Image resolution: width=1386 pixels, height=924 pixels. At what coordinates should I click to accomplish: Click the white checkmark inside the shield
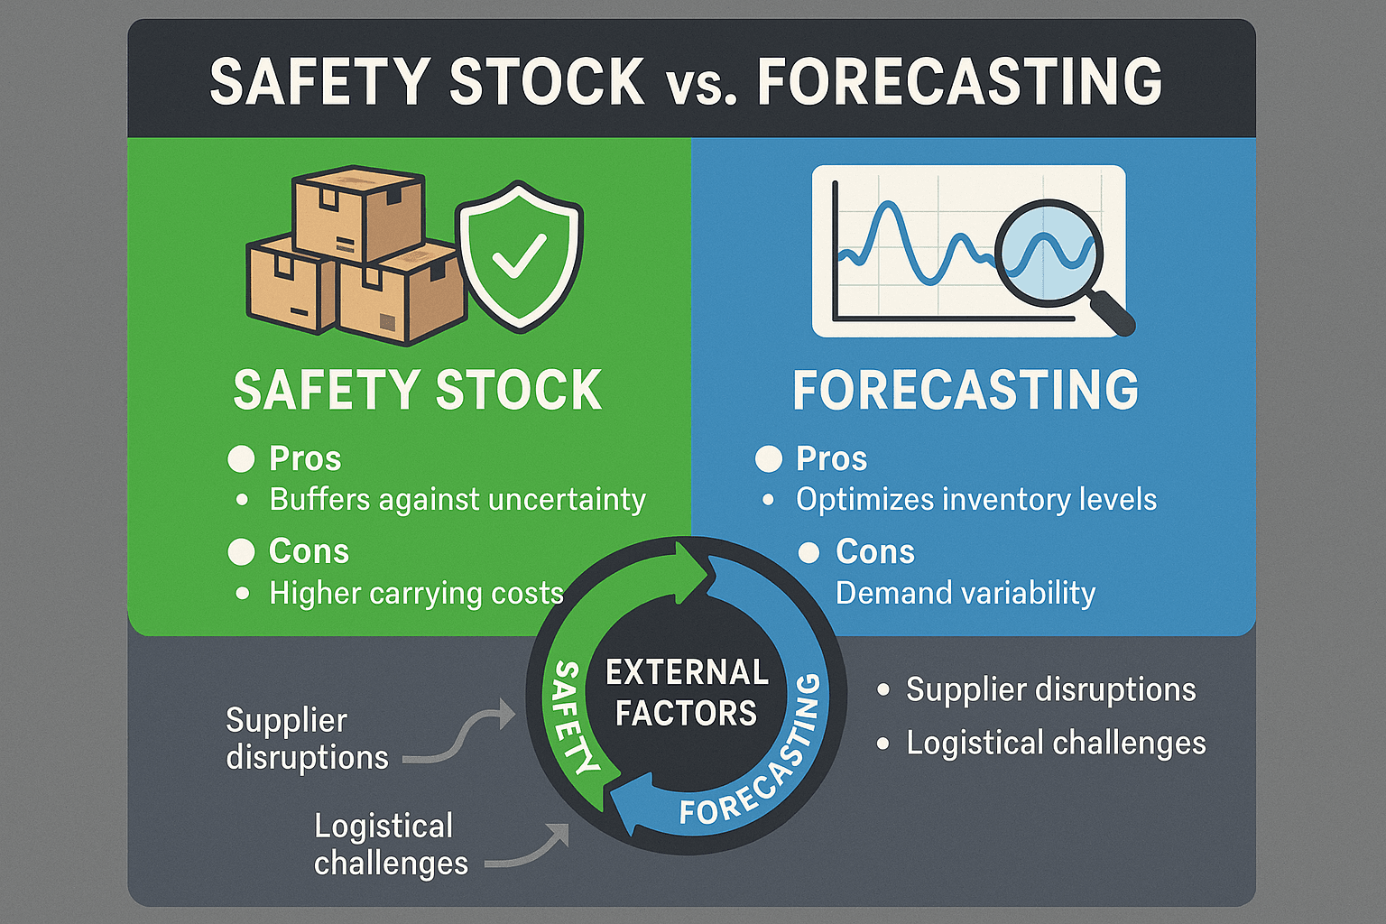point(519,255)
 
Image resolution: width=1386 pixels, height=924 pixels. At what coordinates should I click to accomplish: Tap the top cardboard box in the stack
point(358,214)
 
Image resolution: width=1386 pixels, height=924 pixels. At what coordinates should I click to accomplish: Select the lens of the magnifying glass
point(1049,253)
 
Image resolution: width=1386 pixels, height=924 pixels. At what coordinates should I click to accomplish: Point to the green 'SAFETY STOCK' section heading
point(417,389)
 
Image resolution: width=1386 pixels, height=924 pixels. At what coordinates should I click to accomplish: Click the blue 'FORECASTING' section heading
point(966,389)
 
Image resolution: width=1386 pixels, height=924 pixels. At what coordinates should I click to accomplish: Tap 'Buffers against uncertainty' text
point(457,499)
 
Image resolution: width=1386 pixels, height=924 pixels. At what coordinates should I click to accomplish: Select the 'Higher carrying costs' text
point(416,593)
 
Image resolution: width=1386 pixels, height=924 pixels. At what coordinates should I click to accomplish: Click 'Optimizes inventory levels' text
point(975,499)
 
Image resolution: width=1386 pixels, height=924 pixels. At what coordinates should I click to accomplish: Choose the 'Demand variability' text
point(966,593)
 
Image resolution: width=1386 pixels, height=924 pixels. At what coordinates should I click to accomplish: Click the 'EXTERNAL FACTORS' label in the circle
point(687,692)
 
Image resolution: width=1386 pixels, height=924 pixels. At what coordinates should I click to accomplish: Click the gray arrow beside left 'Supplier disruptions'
point(461,734)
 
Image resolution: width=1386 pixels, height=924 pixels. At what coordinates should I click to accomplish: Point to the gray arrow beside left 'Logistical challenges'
point(529,849)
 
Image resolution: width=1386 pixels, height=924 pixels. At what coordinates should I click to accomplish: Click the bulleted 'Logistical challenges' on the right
point(1056,743)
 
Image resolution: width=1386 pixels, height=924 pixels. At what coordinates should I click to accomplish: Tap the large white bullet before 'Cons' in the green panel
point(241,551)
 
